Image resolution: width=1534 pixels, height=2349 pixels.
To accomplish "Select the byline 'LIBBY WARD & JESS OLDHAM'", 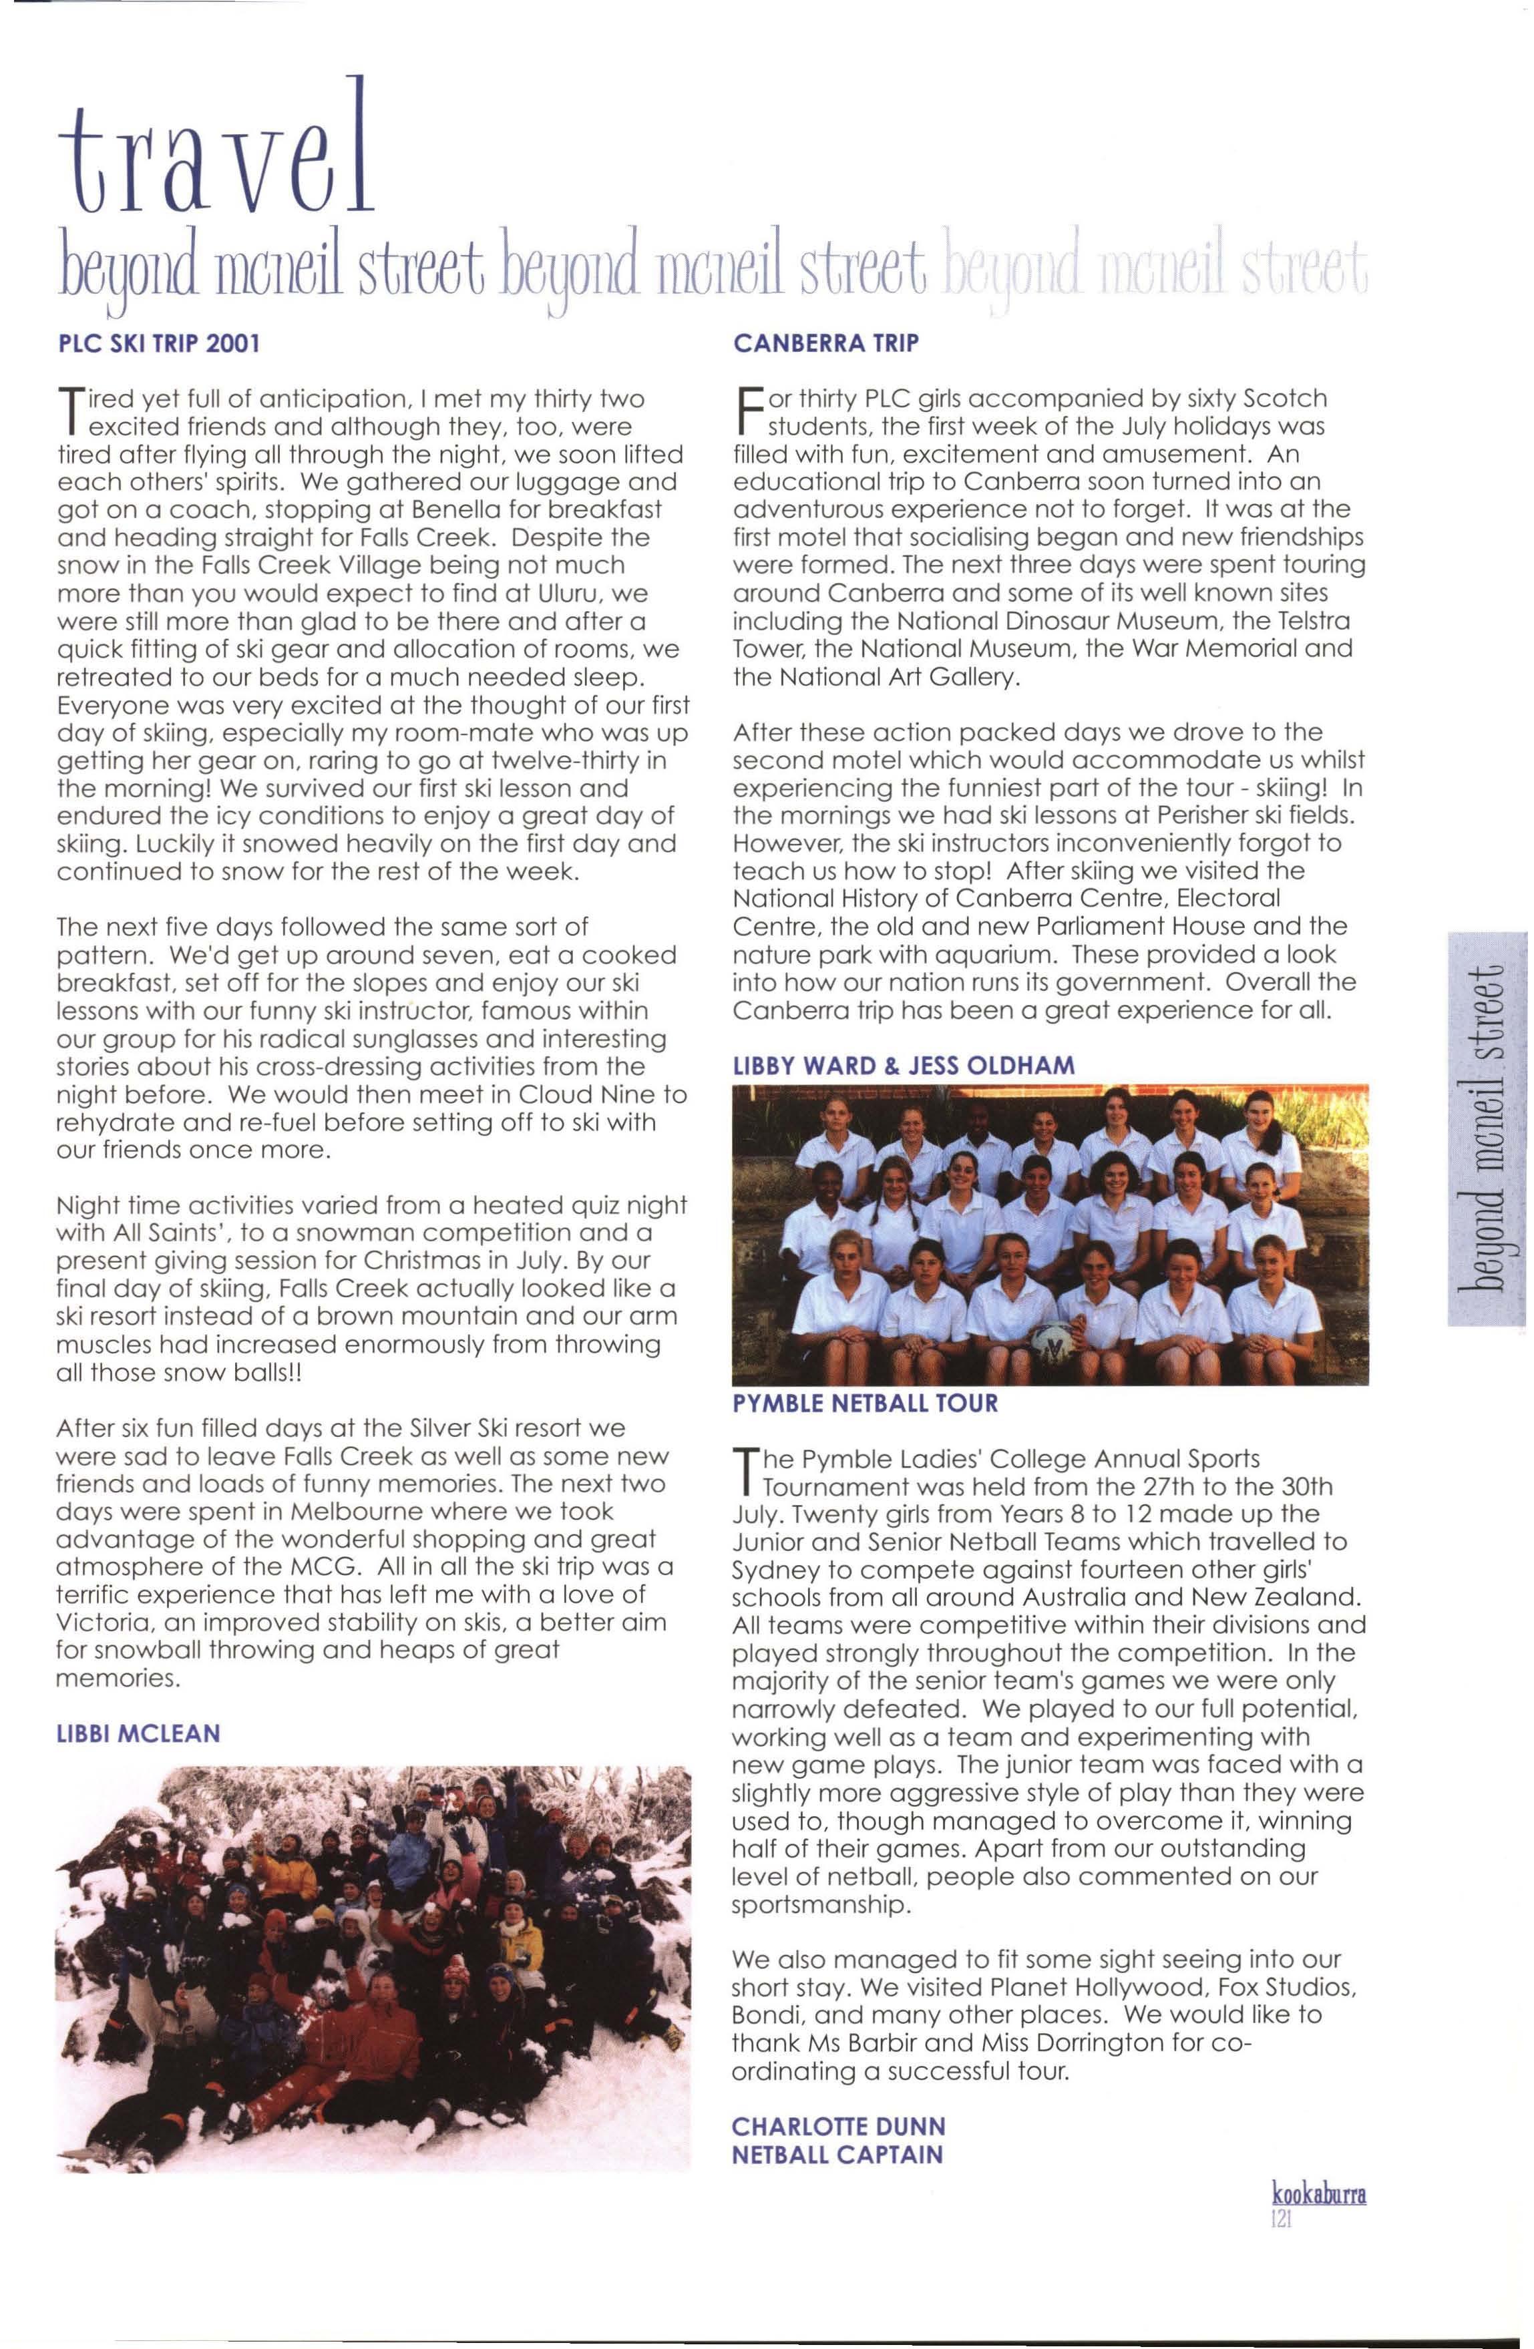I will tap(903, 1065).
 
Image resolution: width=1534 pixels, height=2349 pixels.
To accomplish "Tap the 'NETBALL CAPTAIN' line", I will tap(837, 2155).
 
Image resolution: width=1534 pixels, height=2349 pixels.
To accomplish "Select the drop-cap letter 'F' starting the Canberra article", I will tap(747, 413).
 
